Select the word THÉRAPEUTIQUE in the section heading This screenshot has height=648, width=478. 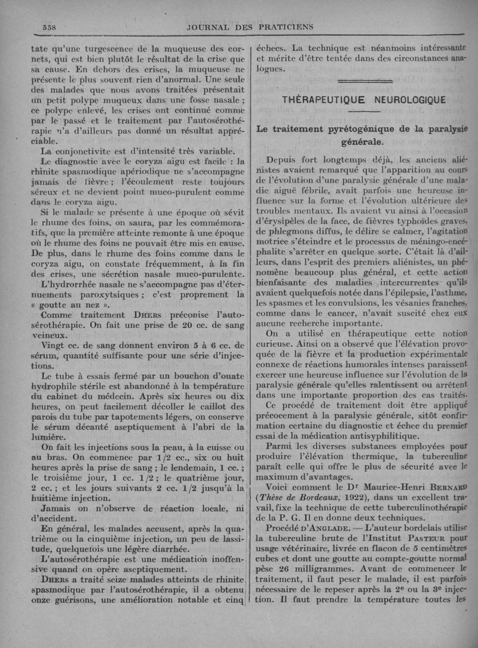pos(321,100)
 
